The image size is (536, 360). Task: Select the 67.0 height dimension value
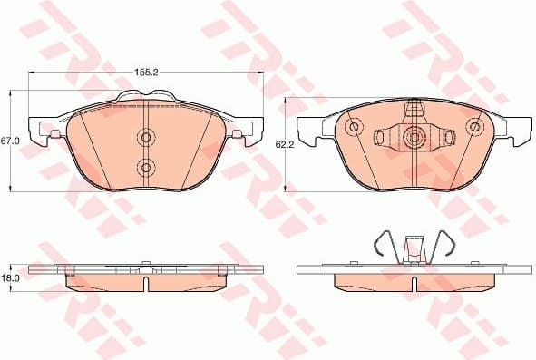[x=10, y=141]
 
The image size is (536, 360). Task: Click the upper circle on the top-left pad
[x=145, y=137]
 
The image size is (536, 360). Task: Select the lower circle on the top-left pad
[x=145, y=166]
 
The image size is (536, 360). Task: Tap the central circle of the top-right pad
[x=414, y=138]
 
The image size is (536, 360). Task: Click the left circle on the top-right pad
[x=355, y=127]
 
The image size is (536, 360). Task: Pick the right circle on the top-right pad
[x=474, y=127]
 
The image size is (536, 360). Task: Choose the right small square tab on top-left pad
[x=238, y=134]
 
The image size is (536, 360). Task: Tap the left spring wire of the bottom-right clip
[x=386, y=244]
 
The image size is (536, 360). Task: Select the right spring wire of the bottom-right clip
[x=444, y=244]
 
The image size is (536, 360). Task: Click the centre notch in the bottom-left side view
[x=145, y=285]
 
